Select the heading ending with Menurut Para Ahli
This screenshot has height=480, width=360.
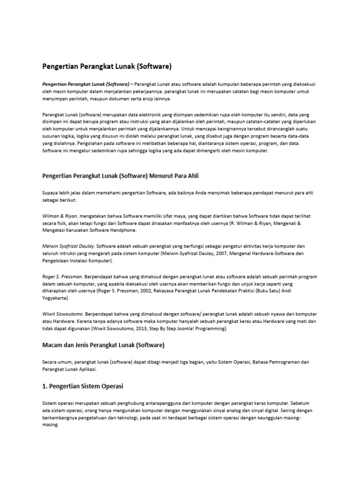(123, 176)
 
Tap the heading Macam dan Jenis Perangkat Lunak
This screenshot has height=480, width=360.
(103, 345)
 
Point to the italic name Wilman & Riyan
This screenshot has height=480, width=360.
(60, 216)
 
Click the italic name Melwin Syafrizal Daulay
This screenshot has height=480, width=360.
(68, 246)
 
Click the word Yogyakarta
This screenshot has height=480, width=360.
(55, 298)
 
